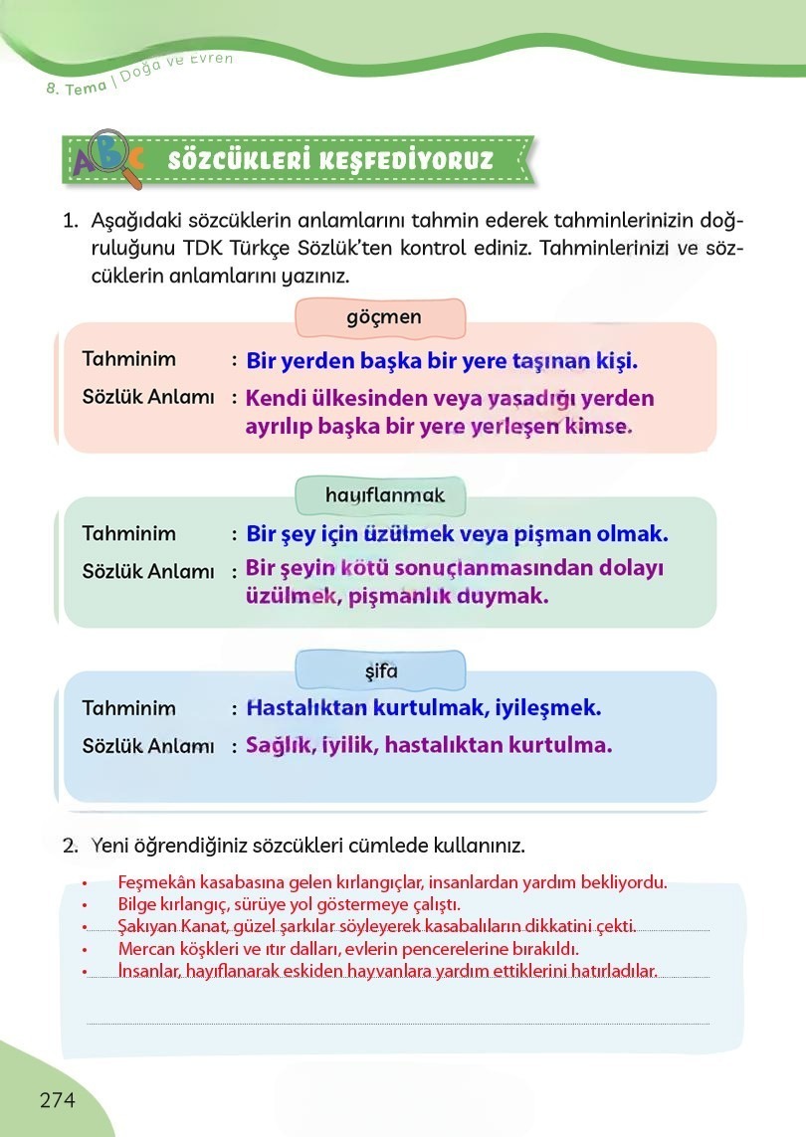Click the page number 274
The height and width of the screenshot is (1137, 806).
point(58,1099)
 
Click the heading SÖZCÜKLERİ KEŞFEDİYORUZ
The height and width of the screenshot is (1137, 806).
point(331,160)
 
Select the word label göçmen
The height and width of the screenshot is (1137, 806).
point(383,317)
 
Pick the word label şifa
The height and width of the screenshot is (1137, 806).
point(381,671)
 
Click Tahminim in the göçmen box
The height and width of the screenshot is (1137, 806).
point(128,359)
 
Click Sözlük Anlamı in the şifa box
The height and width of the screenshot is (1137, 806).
point(147,745)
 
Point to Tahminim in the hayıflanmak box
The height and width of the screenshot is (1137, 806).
point(128,533)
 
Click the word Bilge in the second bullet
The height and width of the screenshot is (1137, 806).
point(137,904)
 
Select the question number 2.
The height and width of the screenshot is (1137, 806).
point(70,846)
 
